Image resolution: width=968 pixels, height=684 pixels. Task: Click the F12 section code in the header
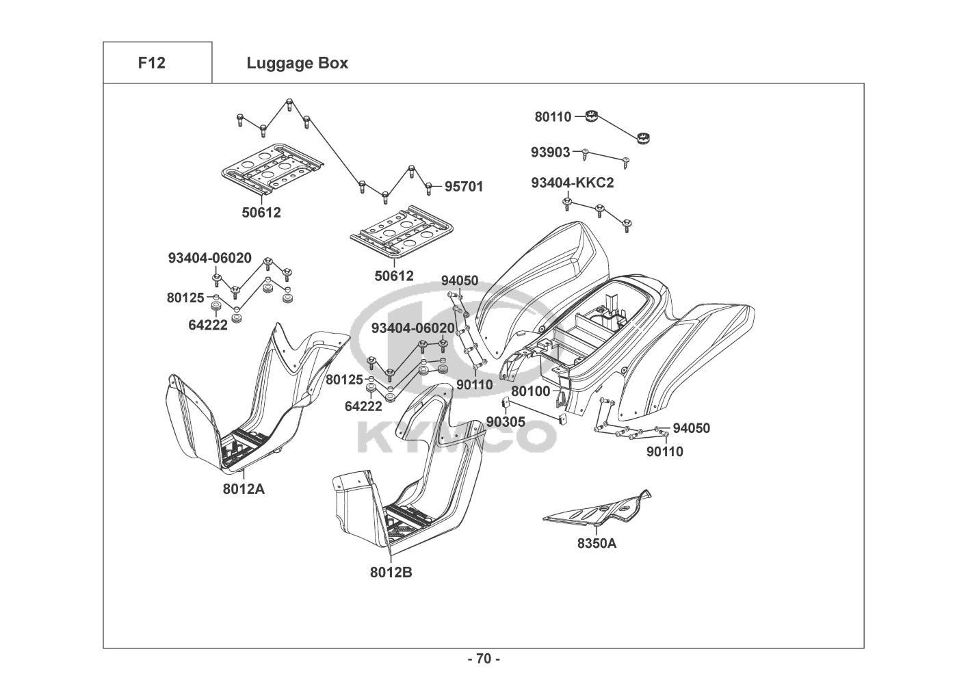pyautogui.click(x=151, y=63)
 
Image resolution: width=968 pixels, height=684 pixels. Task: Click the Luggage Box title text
pyautogui.click(x=297, y=63)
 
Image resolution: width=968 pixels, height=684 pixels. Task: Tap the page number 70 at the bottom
pyautogui.click(x=484, y=659)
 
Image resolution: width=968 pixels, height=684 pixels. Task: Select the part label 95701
pyautogui.click(x=464, y=186)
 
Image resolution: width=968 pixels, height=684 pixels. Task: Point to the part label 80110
pyautogui.click(x=553, y=117)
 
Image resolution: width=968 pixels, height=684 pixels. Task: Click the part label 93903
pyautogui.click(x=550, y=152)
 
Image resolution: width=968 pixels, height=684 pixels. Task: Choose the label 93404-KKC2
pyautogui.click(x=572, y=183)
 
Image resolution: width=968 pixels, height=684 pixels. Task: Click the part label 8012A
pyautogui.click(x=244, y=489)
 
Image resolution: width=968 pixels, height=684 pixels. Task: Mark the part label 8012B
pyautogui.click(x=391, y=573)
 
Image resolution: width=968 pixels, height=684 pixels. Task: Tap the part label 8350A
pyautogui.click(x=596, y=543)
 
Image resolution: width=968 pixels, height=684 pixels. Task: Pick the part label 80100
pyautogui.click(x=531, y=391)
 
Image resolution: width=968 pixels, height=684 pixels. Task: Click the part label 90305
pyautogui.click(x=506, y=422)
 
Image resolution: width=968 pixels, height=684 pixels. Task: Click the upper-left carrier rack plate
pyautogui.click(x=272, y=171)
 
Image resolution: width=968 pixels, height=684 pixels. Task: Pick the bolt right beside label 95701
pyautogui.click(x=429, y=187)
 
